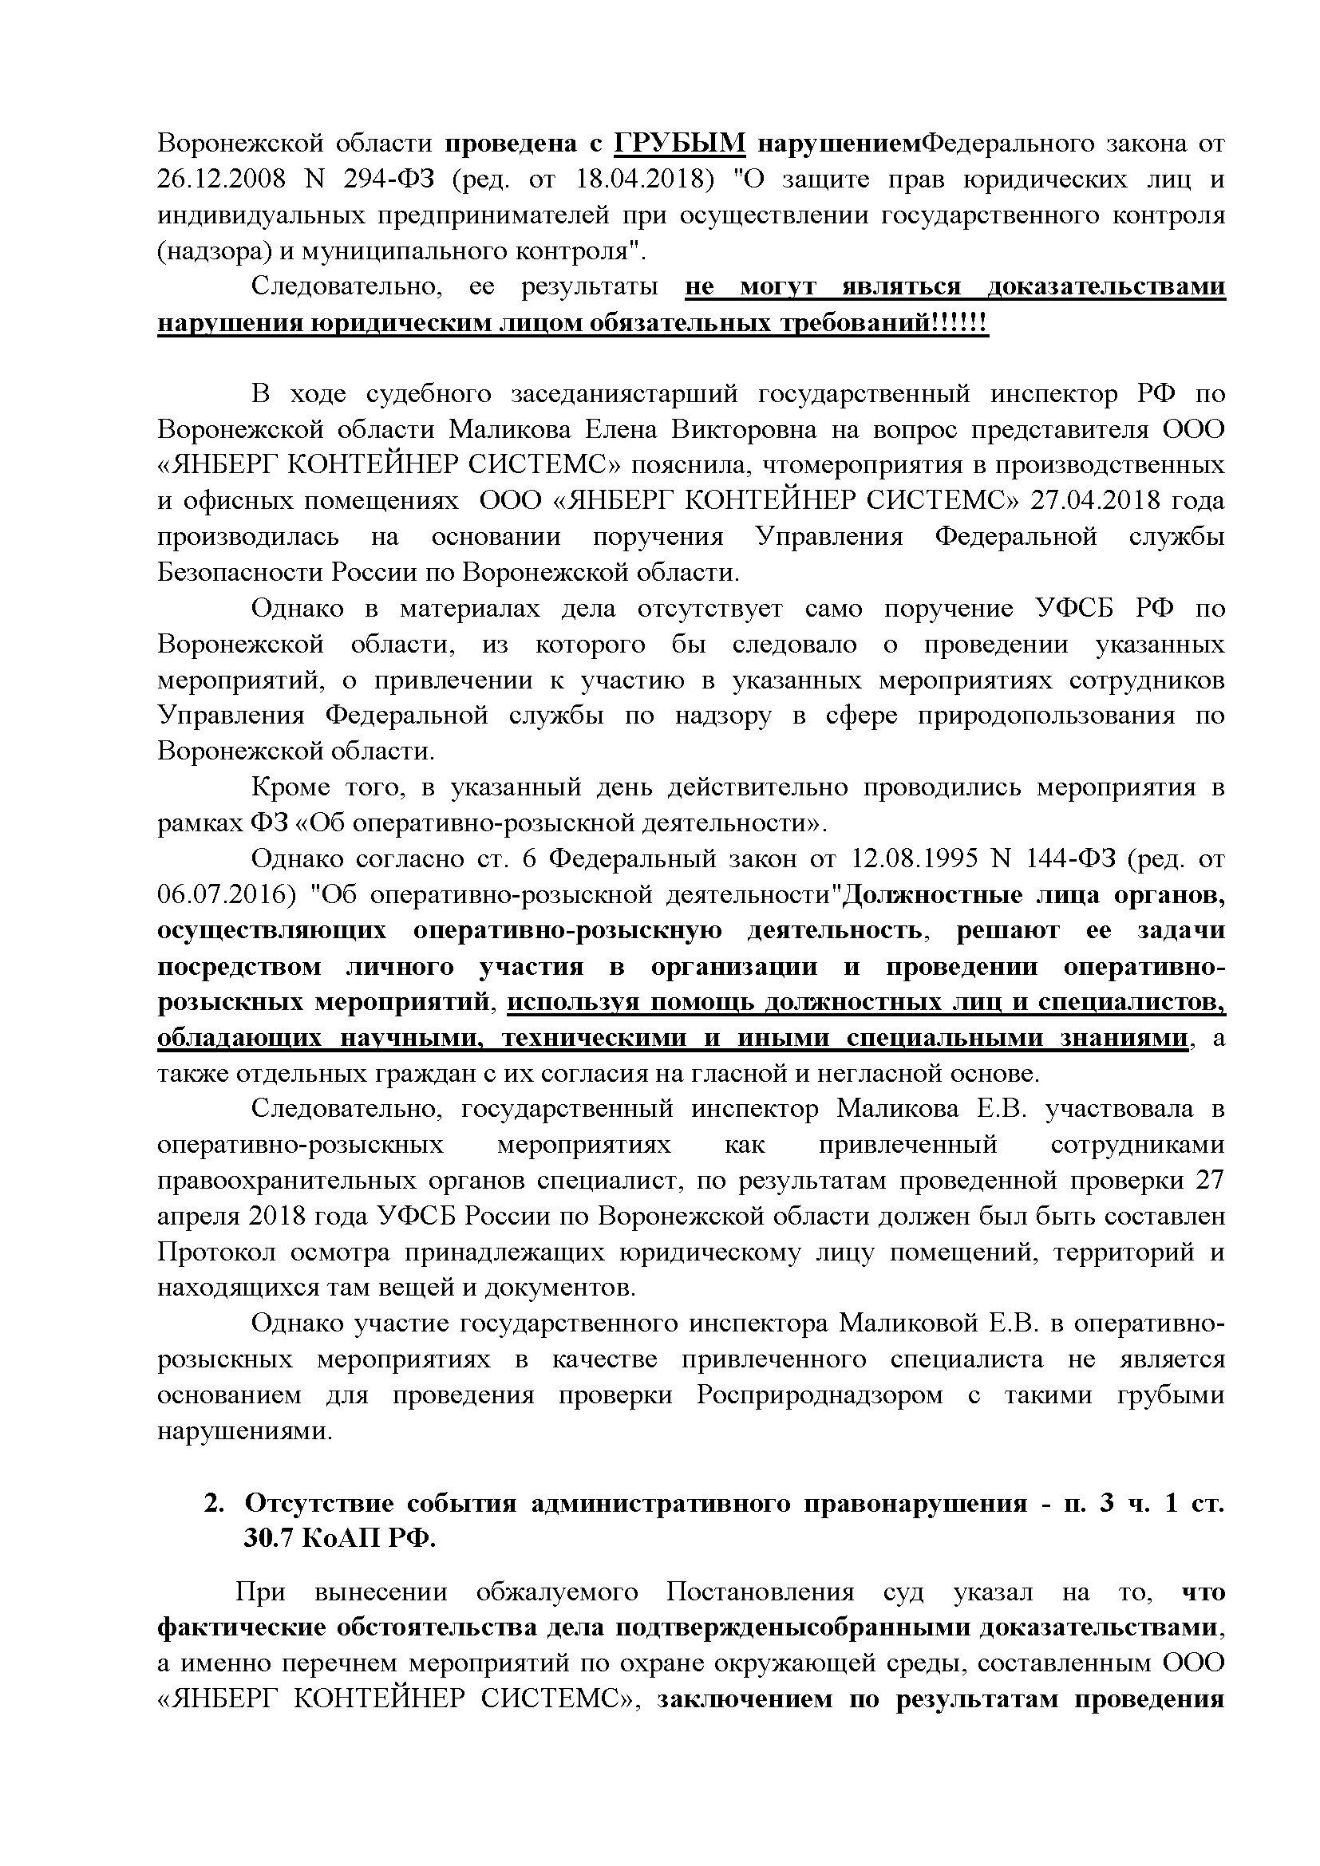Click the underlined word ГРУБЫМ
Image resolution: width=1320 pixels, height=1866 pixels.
point(679,143)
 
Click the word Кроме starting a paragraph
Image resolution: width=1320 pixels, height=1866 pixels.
point(290,787)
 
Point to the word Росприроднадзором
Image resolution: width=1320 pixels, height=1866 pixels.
point(820,1395)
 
